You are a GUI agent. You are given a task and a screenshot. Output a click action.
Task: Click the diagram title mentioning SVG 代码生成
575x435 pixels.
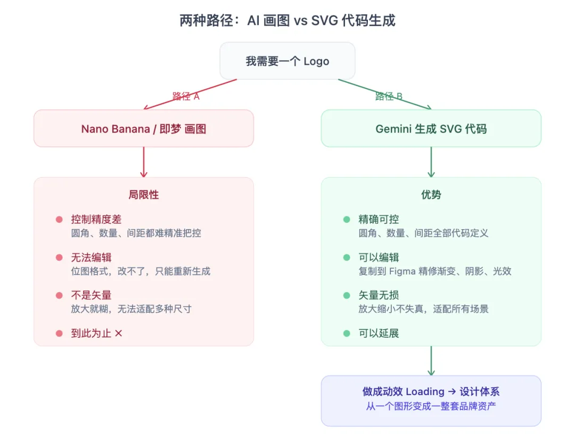pyautogui.click(x=287, y=21)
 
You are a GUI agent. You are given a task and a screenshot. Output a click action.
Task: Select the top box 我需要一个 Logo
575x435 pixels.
pyautogui.click(x=287, y=61)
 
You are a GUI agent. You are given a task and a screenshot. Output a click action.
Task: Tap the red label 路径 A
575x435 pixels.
pyautogui.click(x=186, y=96)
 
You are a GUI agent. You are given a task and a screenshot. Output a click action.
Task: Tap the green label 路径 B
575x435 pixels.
pyautogui.click(x=389, y=96)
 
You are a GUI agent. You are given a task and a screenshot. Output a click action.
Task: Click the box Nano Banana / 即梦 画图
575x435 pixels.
pyautogui.click(x=144, y=129)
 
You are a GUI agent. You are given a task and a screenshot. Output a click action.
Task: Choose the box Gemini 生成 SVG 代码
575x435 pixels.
pyautogui.click(x=431, y=129)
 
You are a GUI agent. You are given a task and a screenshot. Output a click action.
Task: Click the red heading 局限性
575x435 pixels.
pyautogui.click(x=144, y=195)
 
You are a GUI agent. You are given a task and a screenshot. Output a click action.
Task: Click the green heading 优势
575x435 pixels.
pyautogui.click(x=431, y=195)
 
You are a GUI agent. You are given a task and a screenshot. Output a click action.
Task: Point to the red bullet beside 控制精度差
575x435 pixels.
pyautogui.click(x=59, y=220)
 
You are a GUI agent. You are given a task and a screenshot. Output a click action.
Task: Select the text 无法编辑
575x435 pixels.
pyautogui.click(x=91, y=257)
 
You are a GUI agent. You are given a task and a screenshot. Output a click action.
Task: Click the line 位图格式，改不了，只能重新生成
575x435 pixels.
pyautogui.click(x=141, y=271)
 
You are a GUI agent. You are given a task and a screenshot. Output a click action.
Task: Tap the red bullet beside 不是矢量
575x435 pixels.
pyautogui.click(x=59, y=296)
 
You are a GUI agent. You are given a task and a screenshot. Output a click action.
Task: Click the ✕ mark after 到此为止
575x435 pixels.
pyautogui.click(x=118, y=333)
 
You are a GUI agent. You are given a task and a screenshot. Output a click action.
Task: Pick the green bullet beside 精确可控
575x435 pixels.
pyautogui.click(x=347, y=220)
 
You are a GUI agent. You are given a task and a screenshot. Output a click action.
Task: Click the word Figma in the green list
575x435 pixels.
pyautogui.click(x=404, y=271)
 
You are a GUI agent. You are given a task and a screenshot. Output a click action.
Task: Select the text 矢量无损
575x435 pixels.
pyautogui.click(x=379, y=296)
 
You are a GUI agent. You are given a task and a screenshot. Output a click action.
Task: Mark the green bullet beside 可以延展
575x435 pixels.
pyautogui.click(x=347, y=333)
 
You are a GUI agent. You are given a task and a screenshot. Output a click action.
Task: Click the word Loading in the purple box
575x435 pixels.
pyautogui.click(x=425, y=392)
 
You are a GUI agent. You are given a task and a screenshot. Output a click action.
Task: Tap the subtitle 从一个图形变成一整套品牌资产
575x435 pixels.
pyautogui.click(x=431, y=406)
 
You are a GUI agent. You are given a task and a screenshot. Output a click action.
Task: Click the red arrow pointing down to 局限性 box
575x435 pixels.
pyautogui.click(x=143, y=162)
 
